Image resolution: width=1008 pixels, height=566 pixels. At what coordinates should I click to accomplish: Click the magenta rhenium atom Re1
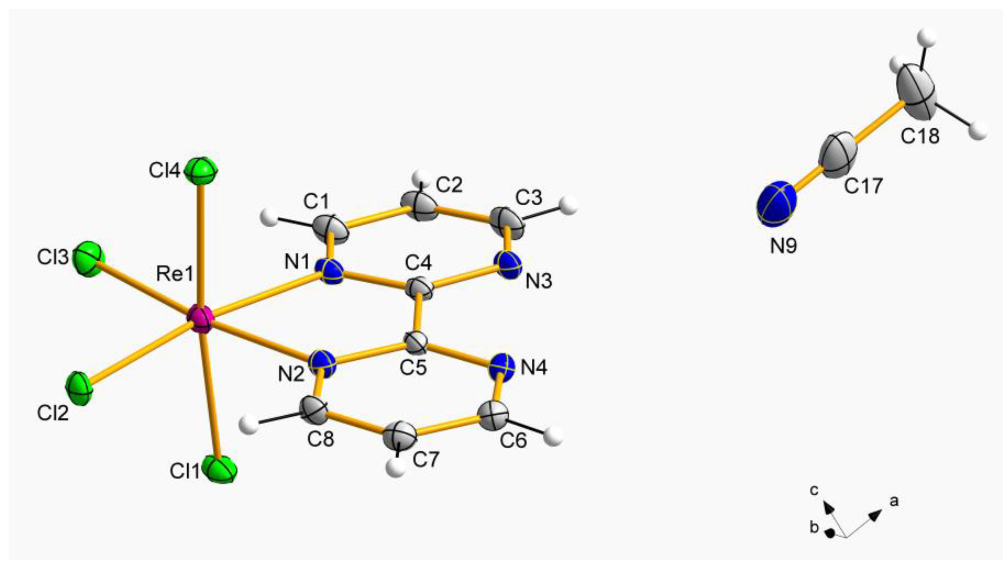(200, 320)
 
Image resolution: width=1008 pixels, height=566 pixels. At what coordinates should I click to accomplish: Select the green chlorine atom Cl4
(201, 170)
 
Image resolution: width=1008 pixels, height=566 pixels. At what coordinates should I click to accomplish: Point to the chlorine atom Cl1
(221, 469)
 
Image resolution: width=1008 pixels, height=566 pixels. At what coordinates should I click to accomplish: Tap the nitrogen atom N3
(508, 265)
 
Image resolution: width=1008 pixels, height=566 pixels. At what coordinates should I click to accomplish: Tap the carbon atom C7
(400, 436)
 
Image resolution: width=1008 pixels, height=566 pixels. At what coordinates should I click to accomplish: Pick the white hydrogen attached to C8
(248, 424)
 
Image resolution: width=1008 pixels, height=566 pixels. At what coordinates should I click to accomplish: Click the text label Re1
(175, 274)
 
